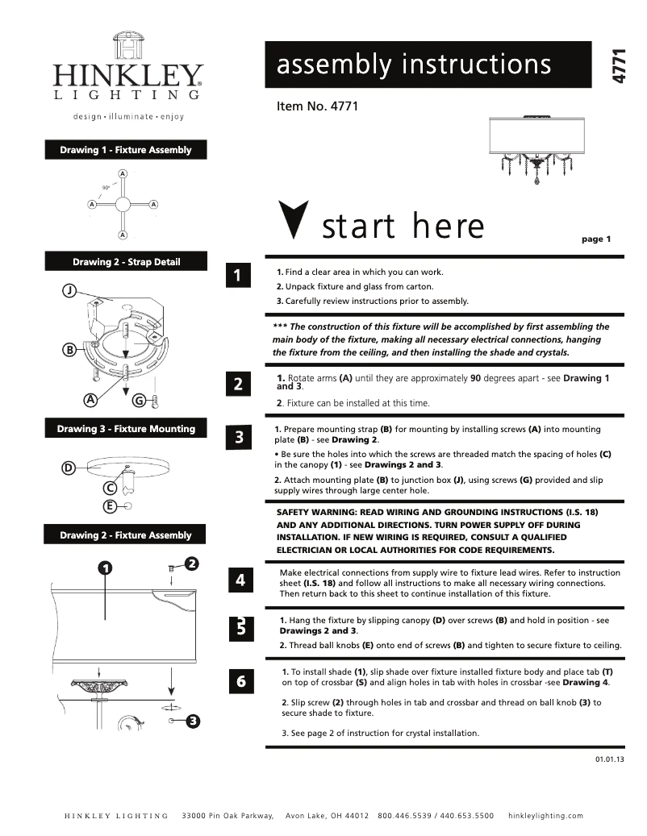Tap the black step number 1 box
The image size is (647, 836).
[237, 276]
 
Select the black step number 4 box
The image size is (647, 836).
[240, 580]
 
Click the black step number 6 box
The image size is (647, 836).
[240, 682]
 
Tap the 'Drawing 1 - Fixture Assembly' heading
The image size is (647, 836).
[126, 150]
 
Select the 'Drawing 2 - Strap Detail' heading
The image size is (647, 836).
[126, 262]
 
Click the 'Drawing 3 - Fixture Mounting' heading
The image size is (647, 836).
[126, 429]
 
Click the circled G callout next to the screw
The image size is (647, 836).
[139, 400]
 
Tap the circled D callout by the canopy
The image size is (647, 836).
[69, 468]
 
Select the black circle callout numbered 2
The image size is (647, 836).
[192, 563]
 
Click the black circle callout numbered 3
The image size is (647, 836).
[193, 720]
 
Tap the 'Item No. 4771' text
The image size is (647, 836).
[317, 106]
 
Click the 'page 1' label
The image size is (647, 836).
[596, 239]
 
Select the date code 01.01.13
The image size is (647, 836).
[610, 759]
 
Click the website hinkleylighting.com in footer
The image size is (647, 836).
[545, 816]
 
